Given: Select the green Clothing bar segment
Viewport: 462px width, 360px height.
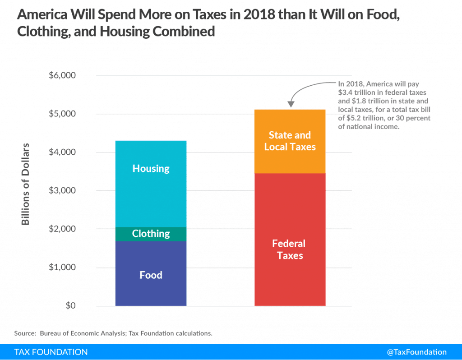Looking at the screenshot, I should (151, 234).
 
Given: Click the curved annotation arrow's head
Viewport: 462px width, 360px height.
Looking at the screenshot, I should (290, 105).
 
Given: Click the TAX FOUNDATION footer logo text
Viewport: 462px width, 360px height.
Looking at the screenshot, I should (51, 352).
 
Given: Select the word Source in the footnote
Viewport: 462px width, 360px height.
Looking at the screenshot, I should (24, 333).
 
